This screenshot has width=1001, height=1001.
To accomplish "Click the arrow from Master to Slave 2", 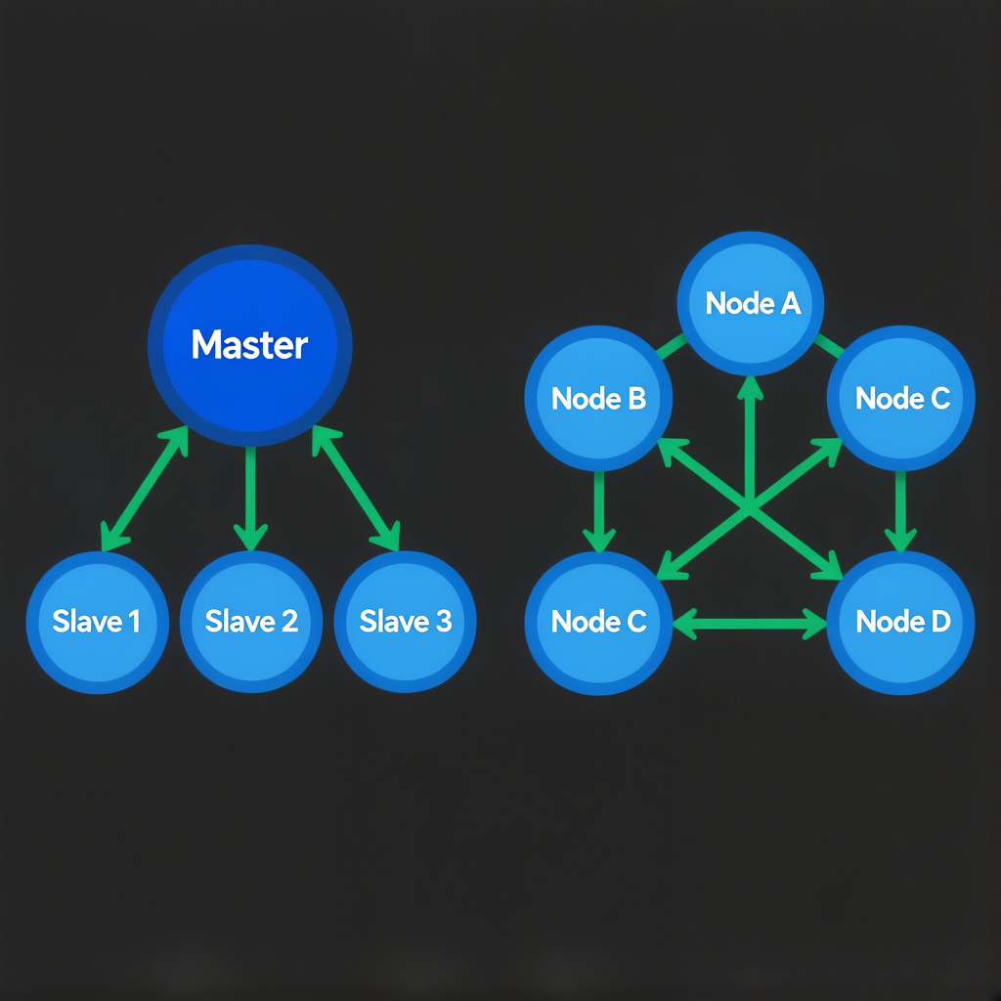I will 251,499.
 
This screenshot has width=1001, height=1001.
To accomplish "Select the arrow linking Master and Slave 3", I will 356,489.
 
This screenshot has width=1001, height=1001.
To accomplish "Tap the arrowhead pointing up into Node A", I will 750,389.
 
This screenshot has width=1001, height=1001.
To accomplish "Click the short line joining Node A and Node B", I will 670,346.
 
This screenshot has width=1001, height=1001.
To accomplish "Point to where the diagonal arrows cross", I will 750,506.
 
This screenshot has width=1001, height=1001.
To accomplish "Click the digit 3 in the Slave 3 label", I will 443,622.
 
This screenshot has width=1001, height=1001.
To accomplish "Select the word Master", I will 249,344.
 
